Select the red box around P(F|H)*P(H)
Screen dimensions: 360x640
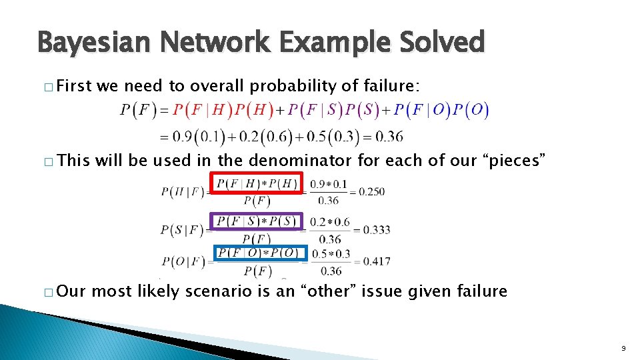[x=257, y=183]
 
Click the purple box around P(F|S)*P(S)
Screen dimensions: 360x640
[x=257, y=221]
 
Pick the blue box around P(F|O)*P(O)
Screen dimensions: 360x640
[x=260, y=253]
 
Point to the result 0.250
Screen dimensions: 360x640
[x=371, y=191]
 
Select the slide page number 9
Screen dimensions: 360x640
[x=623, y=347]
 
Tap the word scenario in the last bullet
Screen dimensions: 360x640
[x=214, y=291]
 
